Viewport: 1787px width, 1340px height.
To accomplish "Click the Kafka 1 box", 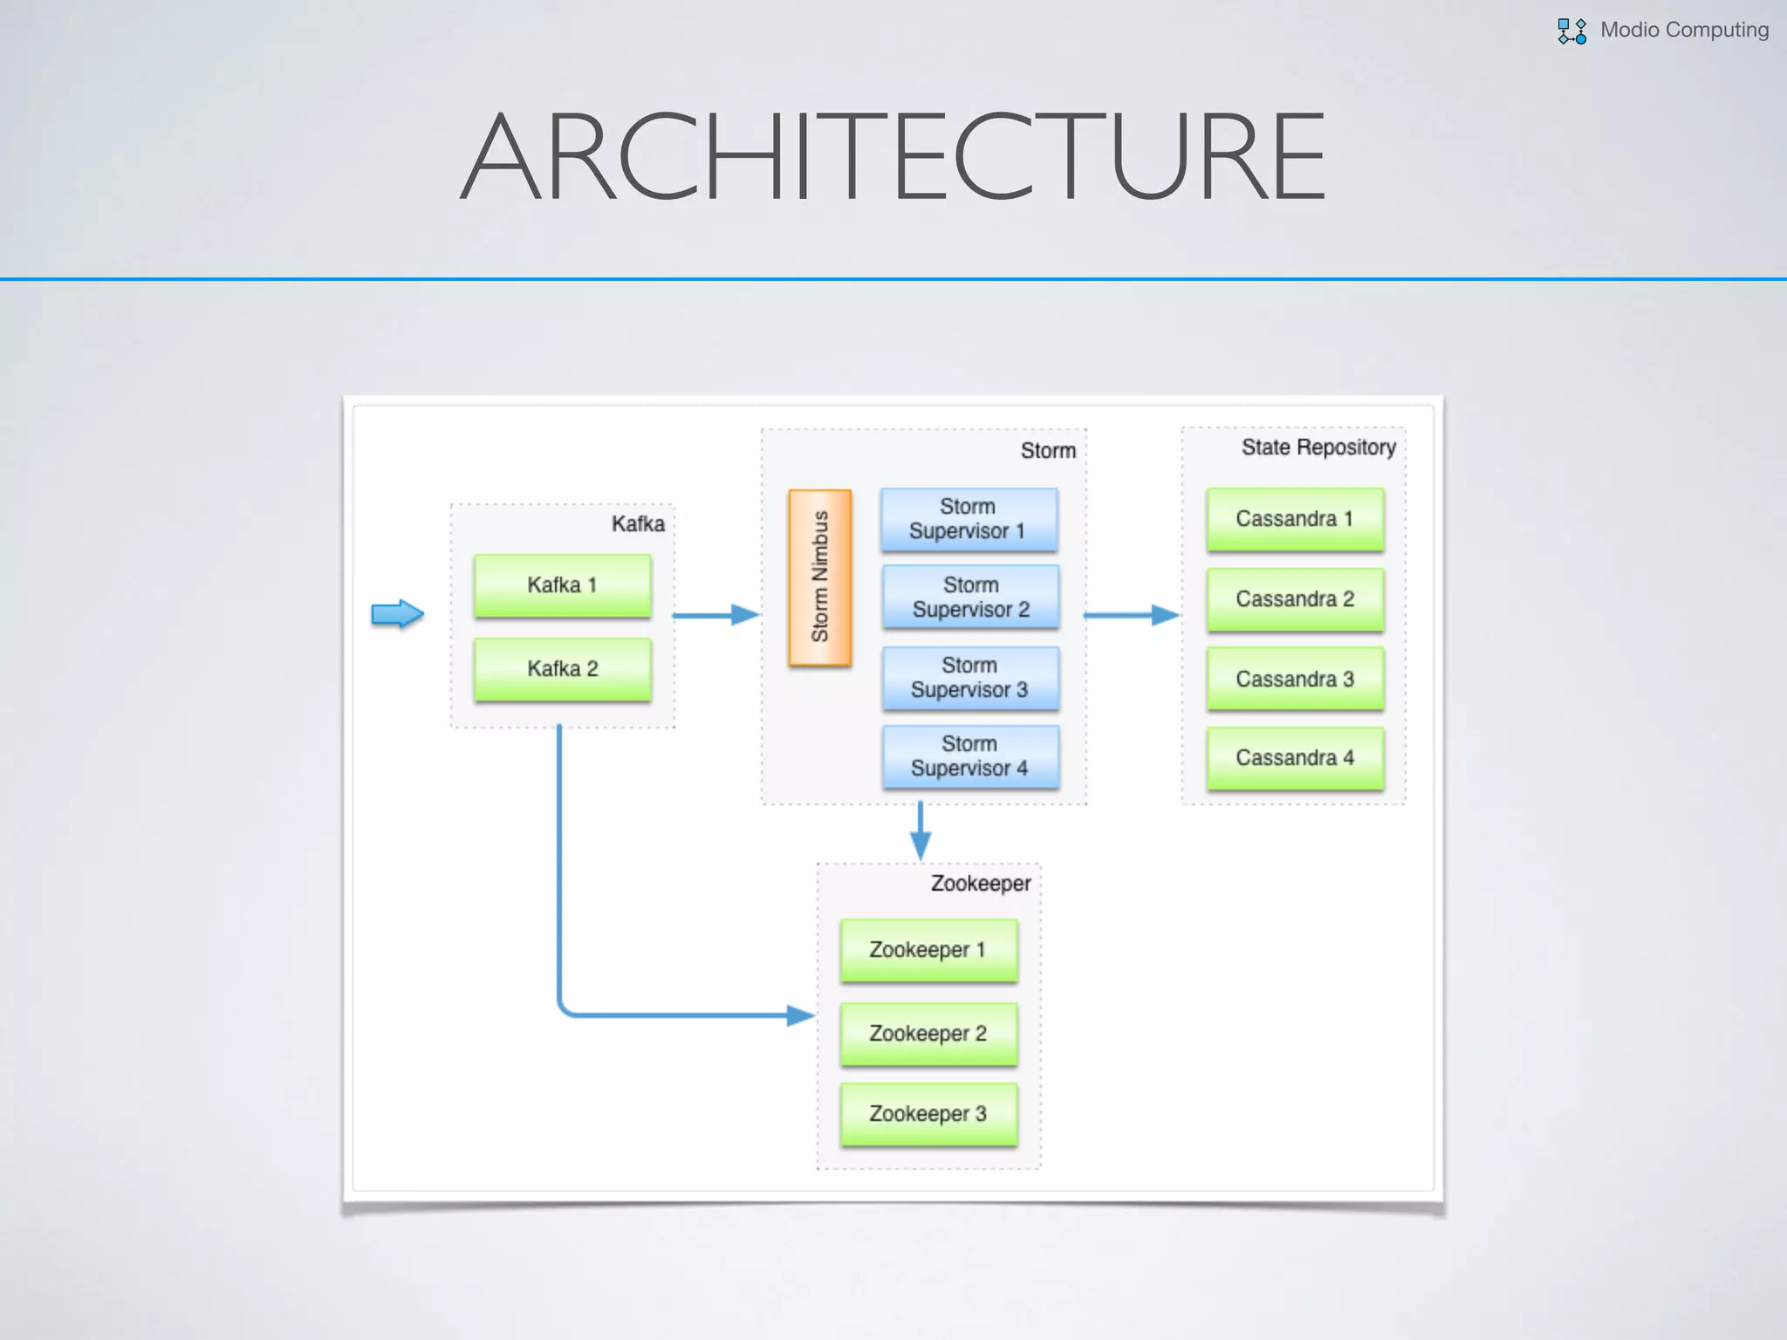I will point(562,585).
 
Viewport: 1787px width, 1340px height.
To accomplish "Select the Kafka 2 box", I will point(562,669).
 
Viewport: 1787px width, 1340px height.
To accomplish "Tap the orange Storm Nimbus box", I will point(819,578).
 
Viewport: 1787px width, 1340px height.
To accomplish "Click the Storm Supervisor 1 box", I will point(969,519).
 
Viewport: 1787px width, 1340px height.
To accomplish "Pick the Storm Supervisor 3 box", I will point(970,678).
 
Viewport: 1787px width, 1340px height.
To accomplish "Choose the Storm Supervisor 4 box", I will point(970,756).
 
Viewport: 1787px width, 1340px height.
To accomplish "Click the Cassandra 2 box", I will point(1295,599).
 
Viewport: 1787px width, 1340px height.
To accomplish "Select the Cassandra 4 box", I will point(1295,758).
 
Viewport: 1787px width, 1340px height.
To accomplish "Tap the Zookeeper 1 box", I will point(928,950).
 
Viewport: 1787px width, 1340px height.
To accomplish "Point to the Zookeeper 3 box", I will point(928,1114).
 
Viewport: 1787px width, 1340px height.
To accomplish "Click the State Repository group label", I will point(1318,448).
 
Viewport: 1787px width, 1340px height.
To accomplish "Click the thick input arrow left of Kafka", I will point(397,614).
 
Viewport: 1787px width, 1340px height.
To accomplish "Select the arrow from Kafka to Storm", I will point(715,615).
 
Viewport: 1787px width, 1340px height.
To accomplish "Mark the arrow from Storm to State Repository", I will point(1131,615).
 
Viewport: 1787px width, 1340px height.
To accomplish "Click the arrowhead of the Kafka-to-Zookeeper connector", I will point(800,1015).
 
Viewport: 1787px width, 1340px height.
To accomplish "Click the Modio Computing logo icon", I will point(1571,31).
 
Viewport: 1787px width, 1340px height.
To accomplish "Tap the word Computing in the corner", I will point(1716,30).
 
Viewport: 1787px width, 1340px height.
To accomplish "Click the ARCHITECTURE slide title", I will point(893,157).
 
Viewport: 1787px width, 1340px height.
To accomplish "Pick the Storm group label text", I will point(1048,451).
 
